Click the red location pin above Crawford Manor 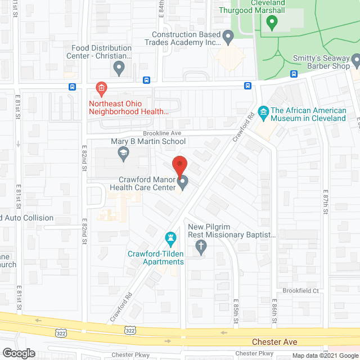pos(179,164)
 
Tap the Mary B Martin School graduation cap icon pos(123,153)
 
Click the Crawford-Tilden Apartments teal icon pos(170,238)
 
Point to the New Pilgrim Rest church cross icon pos(200,245)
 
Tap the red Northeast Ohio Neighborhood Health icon pos(101,88)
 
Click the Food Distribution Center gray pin pos(119,68)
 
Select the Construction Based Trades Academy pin pos(228,37)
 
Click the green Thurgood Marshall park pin pos(272,22)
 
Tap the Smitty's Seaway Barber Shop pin pos(355,59)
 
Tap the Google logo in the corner pos(18,353)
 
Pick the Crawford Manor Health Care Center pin pos(183,181)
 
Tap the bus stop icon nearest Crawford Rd pos(247,85)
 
